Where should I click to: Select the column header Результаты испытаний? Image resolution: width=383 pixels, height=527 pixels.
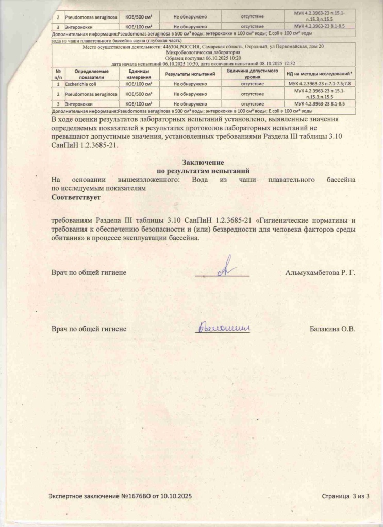tap(190, 74)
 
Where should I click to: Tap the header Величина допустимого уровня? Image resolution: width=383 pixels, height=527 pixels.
tap(253, 73)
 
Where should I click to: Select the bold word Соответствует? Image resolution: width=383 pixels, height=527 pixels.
tap(76, 197)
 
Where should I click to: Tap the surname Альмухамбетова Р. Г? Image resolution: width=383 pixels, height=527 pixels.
tap(320, 271)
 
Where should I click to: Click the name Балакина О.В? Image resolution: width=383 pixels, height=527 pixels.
tap(332, 329)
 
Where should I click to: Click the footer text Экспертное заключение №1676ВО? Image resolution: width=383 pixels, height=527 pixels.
tap(120, 496)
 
